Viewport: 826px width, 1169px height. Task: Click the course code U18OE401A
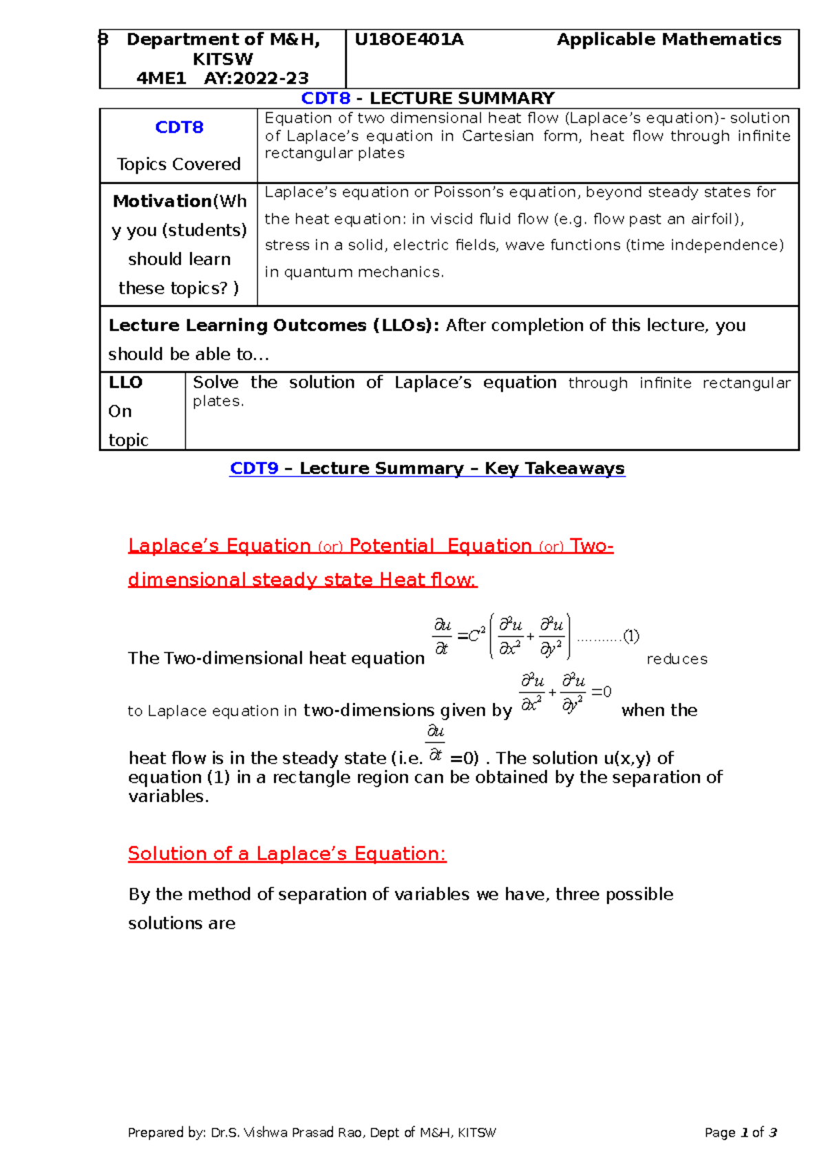pos(409,40)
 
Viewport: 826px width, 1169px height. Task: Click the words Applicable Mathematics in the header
pos(668,40)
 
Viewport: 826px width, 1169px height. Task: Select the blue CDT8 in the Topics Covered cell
pos(179,127)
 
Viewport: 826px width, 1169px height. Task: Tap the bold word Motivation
pos(162,202)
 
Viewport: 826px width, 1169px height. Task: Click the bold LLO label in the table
pos(125,383)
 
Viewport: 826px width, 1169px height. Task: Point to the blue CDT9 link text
pos(254,469)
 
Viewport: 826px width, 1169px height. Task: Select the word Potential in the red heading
pos(392,546)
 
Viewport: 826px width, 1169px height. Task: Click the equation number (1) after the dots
pos(631,635)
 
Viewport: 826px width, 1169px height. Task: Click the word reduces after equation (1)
pos(677,660)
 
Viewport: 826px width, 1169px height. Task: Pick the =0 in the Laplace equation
pos(601,691)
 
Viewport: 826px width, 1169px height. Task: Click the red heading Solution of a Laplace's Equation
pos(287,854)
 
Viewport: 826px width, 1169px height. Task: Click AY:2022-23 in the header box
pos(256,78)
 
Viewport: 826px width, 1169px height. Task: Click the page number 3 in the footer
pos(773,1133)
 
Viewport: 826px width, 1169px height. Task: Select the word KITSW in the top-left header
pos(222,59)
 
